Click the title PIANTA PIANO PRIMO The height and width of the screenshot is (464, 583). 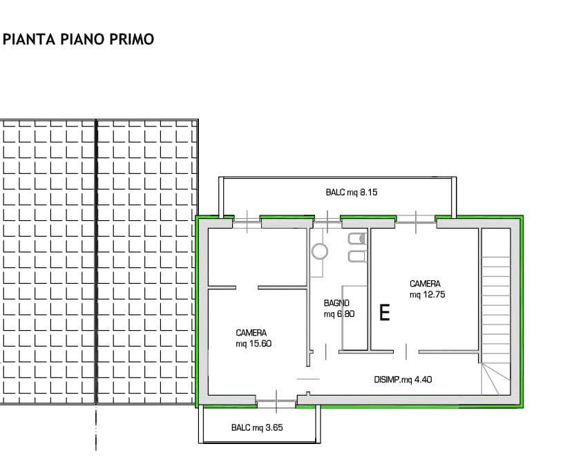(79, 39)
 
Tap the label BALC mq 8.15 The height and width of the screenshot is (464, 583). (352, 192)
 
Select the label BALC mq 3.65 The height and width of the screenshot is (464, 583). (257, 427)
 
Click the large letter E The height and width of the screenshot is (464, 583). (385, 312)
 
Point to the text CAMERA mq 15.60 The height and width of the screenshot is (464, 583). (254, 338)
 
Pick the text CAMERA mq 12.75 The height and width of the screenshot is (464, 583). (427, 289)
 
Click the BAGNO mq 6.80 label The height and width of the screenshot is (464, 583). (339, 309)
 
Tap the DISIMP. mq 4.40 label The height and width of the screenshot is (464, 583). (403, 380)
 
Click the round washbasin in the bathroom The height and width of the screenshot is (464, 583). (319, 251)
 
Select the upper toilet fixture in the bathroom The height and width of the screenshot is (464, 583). (357, 239)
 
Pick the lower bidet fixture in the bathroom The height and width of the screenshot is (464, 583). (357, 256)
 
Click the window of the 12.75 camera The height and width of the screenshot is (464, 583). (415, 222)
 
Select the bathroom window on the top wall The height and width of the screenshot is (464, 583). (327, 222)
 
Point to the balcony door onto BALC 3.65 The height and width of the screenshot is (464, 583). (276, 401)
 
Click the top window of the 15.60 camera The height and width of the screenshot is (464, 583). (247, 222)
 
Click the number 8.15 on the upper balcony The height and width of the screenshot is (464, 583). (368, 192)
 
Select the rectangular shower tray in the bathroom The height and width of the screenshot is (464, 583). (354, 318)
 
